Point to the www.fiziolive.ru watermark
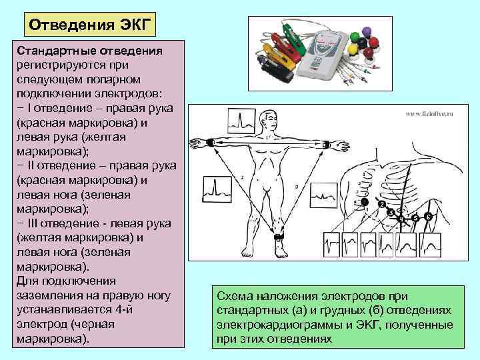coord(429,113)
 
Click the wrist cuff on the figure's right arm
coord(210,142)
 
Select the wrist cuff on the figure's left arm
coord(325,145)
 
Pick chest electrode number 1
coord(365,202)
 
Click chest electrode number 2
coord(381,205)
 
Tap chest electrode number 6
coord(429,217)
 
